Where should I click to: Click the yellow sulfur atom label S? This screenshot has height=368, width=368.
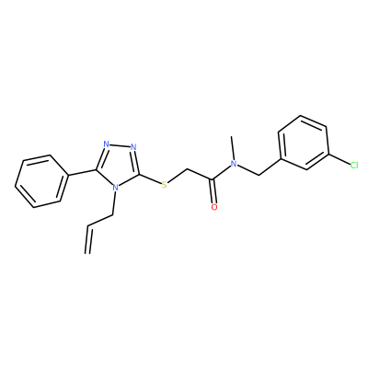coord(165,185)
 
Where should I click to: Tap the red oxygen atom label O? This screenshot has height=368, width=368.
coord(214,207)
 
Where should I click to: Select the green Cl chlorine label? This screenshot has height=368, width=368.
coord(354,166)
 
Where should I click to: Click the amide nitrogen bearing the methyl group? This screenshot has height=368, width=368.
coord(234,164)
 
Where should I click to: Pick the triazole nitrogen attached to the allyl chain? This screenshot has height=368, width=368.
coord(115,188)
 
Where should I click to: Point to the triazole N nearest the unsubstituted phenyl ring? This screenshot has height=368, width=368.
coord(106,144)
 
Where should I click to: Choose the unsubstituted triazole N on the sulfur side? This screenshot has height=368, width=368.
coord(133,146)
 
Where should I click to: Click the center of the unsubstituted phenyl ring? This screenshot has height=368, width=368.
coord(41,181)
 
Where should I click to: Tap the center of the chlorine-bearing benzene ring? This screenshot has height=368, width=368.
coord(304,143)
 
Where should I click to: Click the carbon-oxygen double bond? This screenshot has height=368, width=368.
coord(213,191)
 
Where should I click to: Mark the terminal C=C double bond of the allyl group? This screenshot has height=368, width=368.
coord(88,240)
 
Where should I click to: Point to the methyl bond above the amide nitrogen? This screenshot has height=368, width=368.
coord(233,147)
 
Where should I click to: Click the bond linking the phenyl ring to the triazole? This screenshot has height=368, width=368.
coord(82,172)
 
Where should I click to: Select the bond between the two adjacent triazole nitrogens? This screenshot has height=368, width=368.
coord(120,145)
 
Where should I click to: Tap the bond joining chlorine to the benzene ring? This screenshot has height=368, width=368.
coord(339,159)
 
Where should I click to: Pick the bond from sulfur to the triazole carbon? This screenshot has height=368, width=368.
coord(151,179)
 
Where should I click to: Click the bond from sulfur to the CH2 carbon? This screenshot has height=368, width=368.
coord(177,176)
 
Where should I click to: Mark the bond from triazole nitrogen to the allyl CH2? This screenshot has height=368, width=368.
coord(114,203)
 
